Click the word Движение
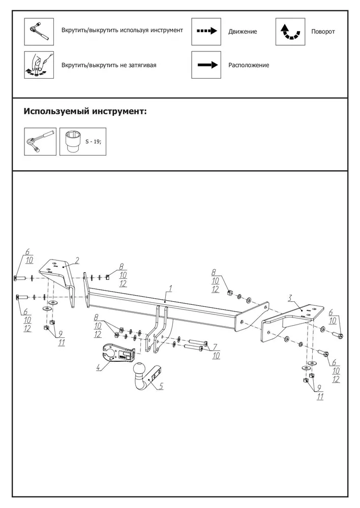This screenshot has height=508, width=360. [243, 31]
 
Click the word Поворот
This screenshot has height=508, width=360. [323, 31]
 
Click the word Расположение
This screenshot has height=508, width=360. [249, 65]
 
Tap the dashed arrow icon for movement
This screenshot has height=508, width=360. [206, 31]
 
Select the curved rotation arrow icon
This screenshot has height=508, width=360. [290, 31]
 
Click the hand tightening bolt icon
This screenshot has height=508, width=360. [39, 65]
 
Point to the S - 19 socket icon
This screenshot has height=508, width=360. [83, 142]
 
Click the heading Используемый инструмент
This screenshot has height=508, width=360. [85, 111]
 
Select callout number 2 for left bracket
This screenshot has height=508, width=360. [77, 260]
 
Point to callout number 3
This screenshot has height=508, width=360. [290, 298]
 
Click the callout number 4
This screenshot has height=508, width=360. [99, 367]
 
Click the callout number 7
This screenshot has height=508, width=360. [215, 347]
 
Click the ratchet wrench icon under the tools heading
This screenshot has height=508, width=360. [40, 142]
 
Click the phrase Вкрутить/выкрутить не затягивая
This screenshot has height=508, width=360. [109, 65]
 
